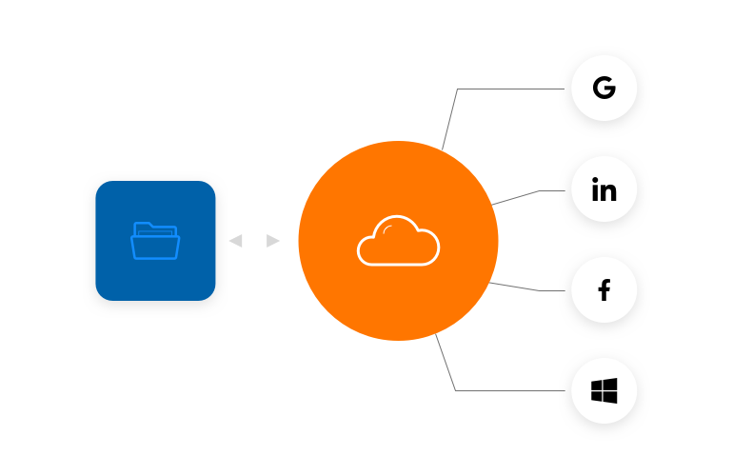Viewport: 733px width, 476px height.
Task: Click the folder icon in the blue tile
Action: [x=155, y=241]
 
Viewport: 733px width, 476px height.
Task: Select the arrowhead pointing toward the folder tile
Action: [x=235, y=241]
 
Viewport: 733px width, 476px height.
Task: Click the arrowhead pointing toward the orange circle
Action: [x=274, y=241]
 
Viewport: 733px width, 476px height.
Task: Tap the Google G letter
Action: [x=604, y=89]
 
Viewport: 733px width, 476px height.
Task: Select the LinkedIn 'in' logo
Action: [x=604, y=190]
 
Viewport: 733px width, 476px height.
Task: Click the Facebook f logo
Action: [x=604, y=290]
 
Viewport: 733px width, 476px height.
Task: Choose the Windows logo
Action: [x=604, y=390]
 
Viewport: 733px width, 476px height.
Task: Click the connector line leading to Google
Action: [x=514, y=89]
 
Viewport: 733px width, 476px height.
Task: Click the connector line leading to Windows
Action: [x=514, y=390]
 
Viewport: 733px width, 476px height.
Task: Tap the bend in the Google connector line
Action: [x=458, y=90]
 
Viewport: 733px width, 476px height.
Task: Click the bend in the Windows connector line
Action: [x=455, y=389]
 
